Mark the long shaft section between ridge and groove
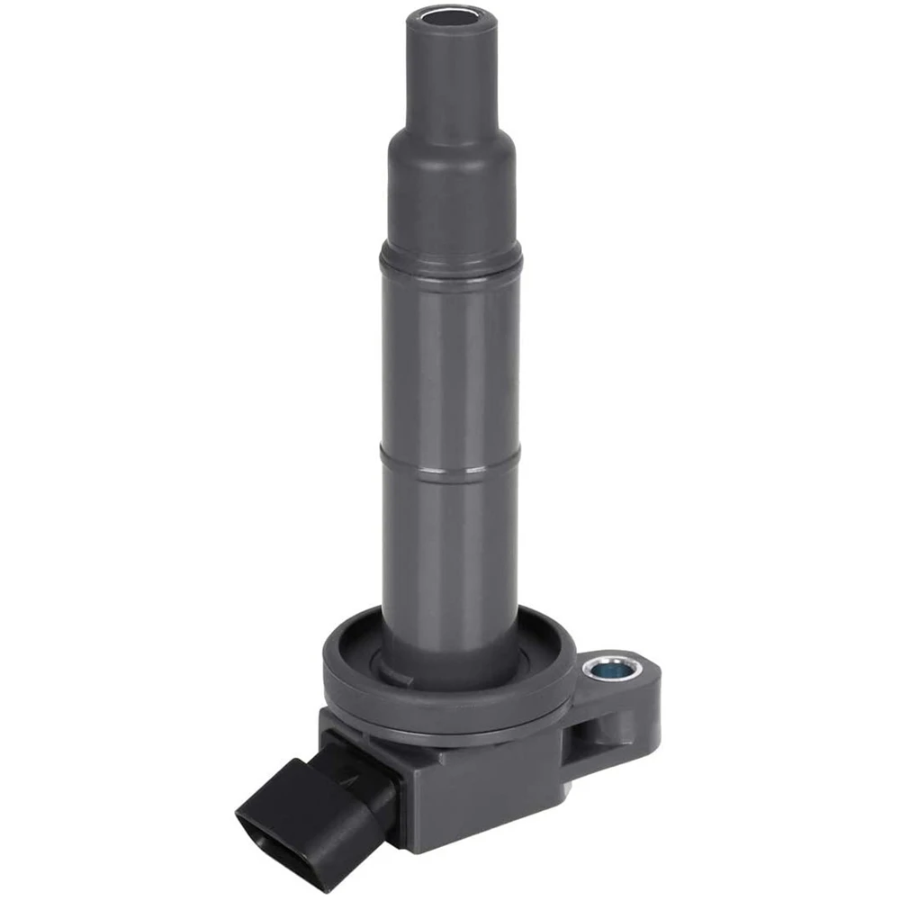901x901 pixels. click(x=450, y=360)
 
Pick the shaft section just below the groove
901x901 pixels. click(x=450, y=540)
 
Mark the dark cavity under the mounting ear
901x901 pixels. click(x=585, y=729)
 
